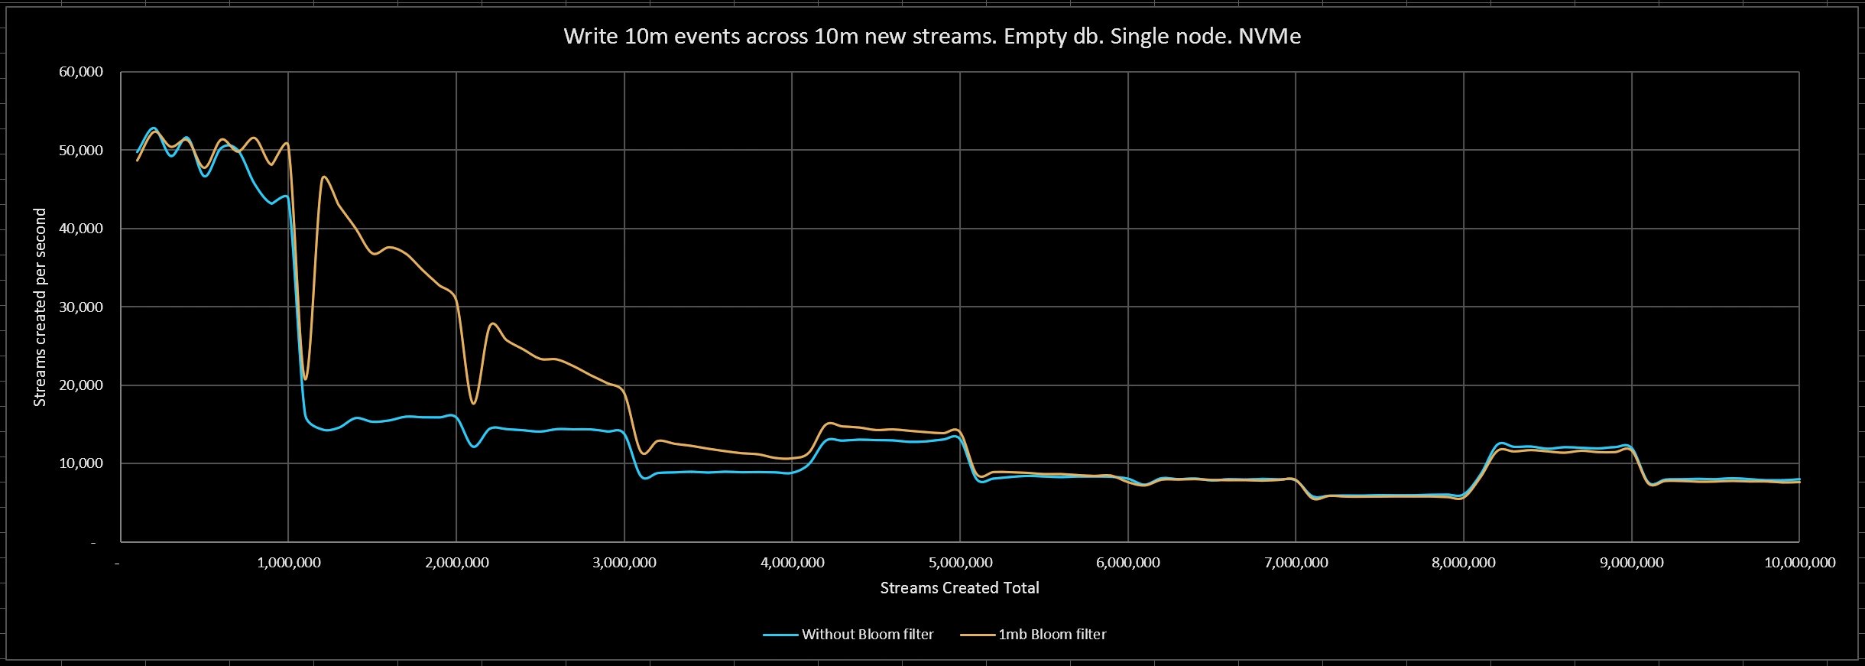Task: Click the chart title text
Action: tap(932, 37)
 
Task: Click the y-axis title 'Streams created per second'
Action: tap(40, 307)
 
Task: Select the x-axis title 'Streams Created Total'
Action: tap(959, 588)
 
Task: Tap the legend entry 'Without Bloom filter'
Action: tap(868, 635)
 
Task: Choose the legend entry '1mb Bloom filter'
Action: tap(1052, 635)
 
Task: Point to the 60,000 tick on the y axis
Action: tap(80, 72)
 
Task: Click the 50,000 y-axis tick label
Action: tap(80, 151)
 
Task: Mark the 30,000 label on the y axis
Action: tap(80, 307)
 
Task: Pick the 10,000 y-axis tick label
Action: tap(80, 463)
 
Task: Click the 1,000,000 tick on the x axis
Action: tap(288, 563)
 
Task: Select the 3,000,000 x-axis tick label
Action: tap(624, 563)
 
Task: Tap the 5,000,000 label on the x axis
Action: tap(960, 563)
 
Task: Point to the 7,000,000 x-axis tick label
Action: tap(1296, 563)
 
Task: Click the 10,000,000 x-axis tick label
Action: tap(1799, 563)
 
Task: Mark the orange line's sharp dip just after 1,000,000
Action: tap(306, 378)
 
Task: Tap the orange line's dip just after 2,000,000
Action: tap(474, 403)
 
